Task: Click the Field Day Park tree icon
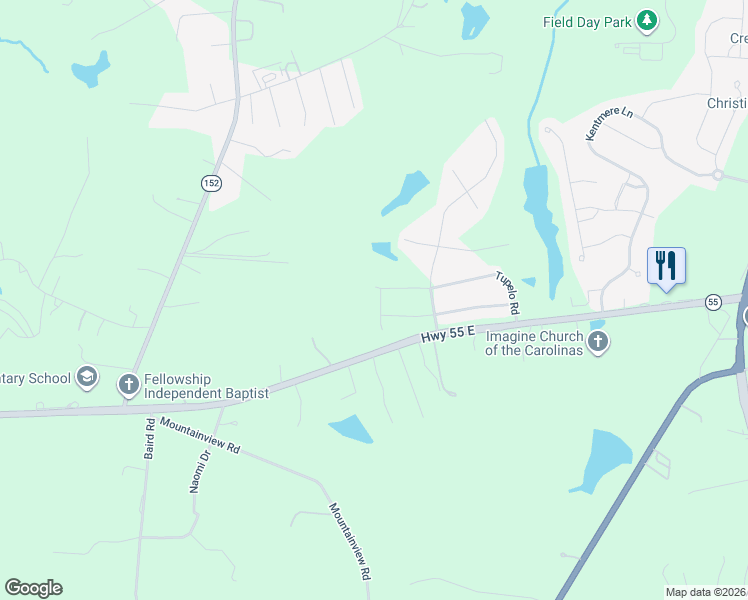(647, 21)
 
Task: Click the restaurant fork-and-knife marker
(666, 266)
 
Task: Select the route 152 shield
(210, 182)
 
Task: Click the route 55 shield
(713, 301)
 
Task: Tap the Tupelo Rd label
(507, 291)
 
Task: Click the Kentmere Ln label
(610, 125)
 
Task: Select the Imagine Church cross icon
(598, 343)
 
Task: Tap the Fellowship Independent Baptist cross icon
(128, 384)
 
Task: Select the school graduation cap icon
(87, 377)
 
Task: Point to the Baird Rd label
(149, 439)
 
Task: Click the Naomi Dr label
(199, 470)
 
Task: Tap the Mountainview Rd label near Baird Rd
(201, 436)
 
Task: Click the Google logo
(33, 588)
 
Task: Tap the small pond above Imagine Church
(598, 325)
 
